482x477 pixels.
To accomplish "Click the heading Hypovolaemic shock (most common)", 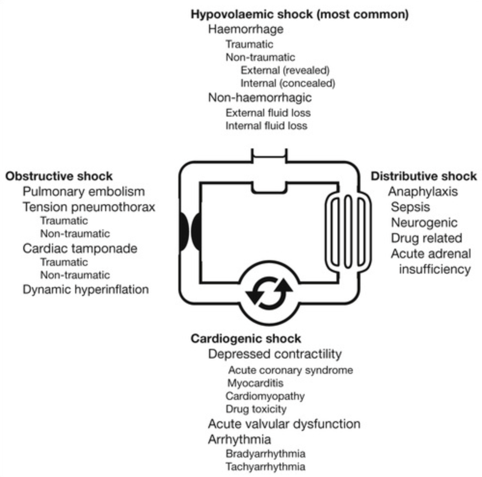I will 300,14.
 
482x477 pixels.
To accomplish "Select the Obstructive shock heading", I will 59,176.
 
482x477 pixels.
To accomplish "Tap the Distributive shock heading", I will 424,176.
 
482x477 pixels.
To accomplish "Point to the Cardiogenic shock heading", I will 246,338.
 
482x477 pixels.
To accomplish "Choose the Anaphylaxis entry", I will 423,191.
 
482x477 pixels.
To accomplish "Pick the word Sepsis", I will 411,207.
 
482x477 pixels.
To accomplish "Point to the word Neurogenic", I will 424,223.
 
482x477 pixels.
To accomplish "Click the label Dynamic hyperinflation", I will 86,290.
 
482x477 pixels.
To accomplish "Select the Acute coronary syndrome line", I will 291,370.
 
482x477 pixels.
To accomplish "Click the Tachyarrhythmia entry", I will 265,466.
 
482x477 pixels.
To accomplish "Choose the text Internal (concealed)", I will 287,83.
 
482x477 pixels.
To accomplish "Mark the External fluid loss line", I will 268,113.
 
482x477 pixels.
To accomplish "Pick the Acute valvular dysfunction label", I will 284,424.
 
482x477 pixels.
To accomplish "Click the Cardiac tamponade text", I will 80,249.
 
